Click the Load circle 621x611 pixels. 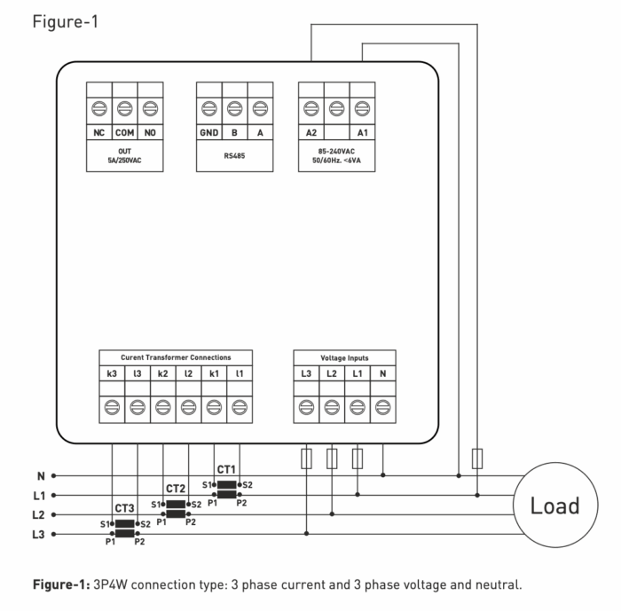coord(554,505)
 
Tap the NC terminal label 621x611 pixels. coord(99,132)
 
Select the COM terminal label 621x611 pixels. coord(125,132)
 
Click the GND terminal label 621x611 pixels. coord(208,132)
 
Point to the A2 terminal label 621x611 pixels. coord(311,132)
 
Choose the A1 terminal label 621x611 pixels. coord(362,132)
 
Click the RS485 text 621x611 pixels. coord(234,152)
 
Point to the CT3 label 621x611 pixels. coord(124,509)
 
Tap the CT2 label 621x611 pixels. coord(176,489)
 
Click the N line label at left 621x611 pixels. coord(41,475)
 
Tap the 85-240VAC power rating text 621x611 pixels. coord(336,151)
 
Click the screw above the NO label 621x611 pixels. coord(151,110)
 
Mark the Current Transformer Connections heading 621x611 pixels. coord(176,357)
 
